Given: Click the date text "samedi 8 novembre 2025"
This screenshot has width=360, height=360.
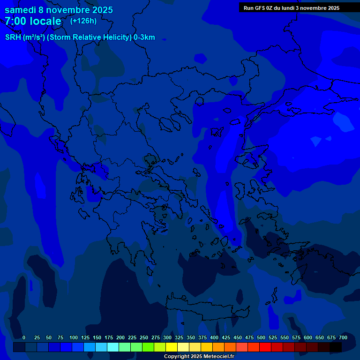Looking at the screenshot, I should point(59,10).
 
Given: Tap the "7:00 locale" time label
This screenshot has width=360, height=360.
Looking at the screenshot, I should point(33,21).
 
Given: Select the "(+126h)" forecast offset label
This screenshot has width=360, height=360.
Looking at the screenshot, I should point(83,21).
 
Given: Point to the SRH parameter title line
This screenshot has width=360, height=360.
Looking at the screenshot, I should point(80,37).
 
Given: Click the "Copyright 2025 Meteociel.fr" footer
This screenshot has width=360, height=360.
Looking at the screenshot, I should point(199,356).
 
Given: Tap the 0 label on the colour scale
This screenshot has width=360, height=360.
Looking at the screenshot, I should point(24,337).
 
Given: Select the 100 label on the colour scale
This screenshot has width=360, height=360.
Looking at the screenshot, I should point(74,337).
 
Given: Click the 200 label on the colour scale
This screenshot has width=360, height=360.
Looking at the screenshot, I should point(120,337).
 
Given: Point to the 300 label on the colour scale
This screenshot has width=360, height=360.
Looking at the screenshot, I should point(167,337).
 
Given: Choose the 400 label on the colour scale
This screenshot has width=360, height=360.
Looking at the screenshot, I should point(214,337).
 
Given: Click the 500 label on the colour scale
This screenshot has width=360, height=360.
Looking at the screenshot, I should point(261,337).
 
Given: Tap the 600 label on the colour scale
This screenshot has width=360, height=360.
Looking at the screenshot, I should point(308,337).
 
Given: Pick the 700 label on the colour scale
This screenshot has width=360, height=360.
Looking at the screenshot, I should point(343,337).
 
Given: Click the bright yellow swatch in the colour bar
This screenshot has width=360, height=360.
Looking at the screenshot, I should point(172,347).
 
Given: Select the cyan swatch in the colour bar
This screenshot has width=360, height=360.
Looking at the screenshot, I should point(113,347).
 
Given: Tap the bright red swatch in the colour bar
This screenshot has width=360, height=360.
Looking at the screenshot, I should point(265,347).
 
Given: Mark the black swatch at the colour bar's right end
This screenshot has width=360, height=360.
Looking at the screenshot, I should point(336,347).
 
